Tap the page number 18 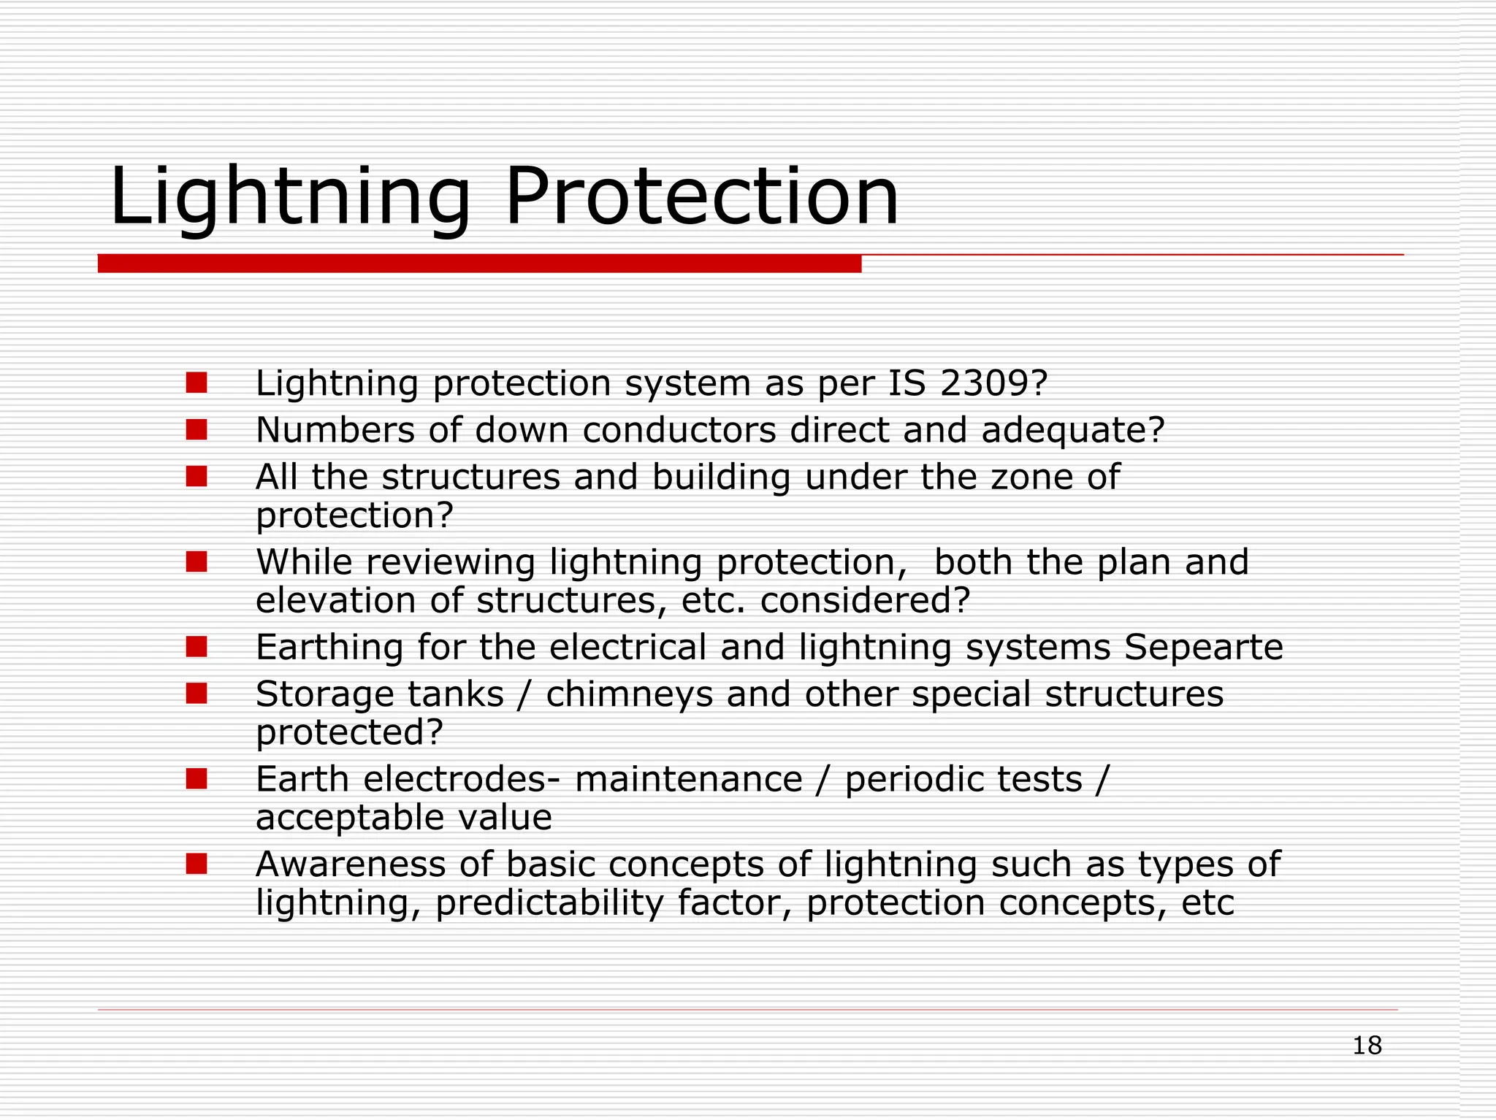(x=1367, y=1046)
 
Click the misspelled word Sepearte (x=1203, y=647)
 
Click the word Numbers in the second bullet (x=335, y=430)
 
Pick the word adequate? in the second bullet (x=1072, y=430)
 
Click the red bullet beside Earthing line (x=196, y=646)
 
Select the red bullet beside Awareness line (x=196, y=864)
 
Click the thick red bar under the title (x=479, y=264)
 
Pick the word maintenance (x=688, y=779)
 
